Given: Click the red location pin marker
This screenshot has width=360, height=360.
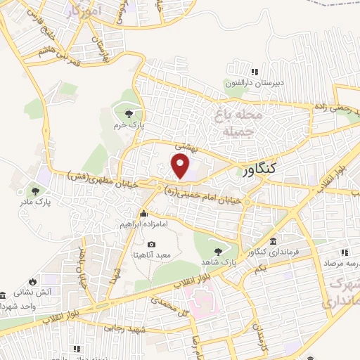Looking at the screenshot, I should tap(181, 166).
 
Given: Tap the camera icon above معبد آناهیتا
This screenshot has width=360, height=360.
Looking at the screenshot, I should tap(151, 243).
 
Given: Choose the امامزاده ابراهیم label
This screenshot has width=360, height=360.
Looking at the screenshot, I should tap(143, 224).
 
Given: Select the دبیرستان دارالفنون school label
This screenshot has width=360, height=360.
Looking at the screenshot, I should tap(254, 82).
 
